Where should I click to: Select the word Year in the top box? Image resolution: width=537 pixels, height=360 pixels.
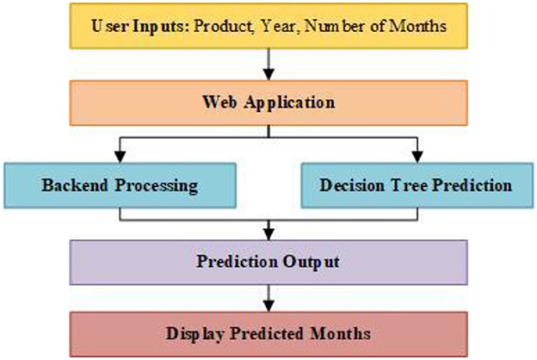277,26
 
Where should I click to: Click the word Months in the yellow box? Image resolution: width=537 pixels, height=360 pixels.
418,26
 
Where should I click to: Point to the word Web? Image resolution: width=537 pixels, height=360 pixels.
219,102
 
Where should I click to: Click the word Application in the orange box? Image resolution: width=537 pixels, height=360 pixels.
290,102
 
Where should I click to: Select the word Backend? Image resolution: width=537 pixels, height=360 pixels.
75,185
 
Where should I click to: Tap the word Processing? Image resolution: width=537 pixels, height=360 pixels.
156,186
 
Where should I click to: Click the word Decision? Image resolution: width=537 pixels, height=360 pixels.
352,185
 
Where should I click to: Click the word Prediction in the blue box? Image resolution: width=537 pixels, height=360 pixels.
472,185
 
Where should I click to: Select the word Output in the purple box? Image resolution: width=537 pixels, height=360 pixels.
311,263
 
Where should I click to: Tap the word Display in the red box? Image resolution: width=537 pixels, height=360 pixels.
195,334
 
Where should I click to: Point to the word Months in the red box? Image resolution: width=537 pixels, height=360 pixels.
340,333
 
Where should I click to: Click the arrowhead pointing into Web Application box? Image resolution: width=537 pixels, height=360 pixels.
268,74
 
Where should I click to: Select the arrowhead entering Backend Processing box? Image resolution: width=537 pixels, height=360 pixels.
120,157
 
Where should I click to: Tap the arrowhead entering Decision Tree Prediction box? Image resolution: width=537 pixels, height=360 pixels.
417,157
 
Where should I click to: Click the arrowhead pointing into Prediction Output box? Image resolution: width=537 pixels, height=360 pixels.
268,234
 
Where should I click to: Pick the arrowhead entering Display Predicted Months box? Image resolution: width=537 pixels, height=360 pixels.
268,306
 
